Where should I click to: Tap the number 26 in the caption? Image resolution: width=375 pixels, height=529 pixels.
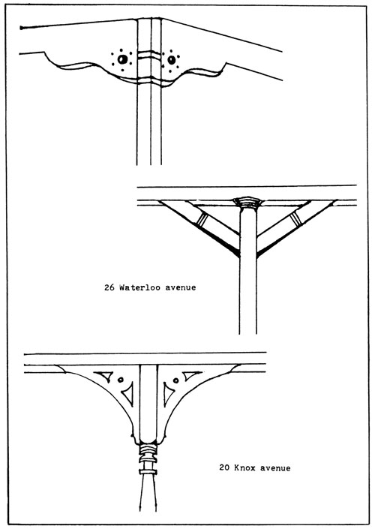(x=109, y=287)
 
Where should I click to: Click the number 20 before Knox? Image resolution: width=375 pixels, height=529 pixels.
(x=224, y=468)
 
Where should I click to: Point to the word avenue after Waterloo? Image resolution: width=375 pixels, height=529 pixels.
(x=181, y=288)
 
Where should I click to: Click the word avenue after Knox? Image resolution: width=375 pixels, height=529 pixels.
(x=274, y=468)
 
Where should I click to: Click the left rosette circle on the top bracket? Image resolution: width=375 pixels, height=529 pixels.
(x=122, y=59)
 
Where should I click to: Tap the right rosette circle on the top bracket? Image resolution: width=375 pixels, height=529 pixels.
(x=172, y=60)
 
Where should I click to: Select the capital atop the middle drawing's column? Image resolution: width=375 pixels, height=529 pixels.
(x=247, y=203)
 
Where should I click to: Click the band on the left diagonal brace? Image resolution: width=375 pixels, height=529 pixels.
(x=202, y=219)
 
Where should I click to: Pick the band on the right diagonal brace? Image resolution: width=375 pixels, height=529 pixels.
(x=295, y=218)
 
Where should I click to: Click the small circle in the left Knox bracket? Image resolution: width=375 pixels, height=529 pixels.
(x=121, y=380)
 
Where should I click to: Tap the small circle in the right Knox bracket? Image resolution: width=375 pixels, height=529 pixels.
(x=175, y=380)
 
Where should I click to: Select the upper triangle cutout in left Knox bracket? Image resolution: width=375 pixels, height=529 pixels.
(x=103, y=376)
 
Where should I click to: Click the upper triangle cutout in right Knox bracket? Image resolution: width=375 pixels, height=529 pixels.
(x=192, y=375)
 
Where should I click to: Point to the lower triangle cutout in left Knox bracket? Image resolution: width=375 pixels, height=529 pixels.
(x=128, y=394)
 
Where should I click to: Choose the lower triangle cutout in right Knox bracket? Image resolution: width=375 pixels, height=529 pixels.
(x=168, y=394)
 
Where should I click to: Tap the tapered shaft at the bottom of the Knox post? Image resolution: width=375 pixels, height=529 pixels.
(x=148, y=492)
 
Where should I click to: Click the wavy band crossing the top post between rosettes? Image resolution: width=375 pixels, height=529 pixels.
(x=149, y=55)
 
